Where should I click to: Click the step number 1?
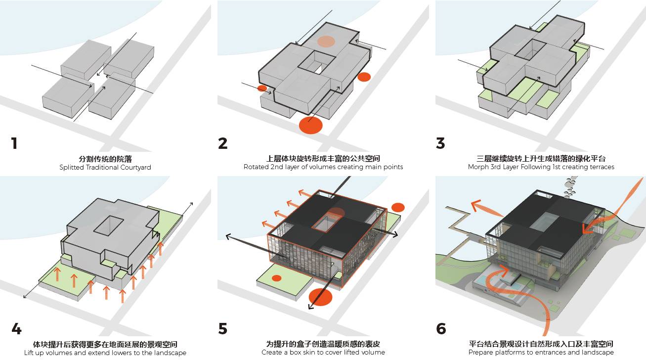pyautogui.click(x=14, y=143)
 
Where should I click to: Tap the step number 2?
pyautogui.click(x=223, y=143)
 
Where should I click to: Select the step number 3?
pyautogui.click(x=440, y=143)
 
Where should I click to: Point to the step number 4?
pyautogui.click(x=16, y=329)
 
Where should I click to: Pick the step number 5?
pyautogui.click(x=223, y=329)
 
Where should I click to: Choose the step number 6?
pyautogui.click(x=441, y=329)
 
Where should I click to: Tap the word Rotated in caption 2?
pyautogui.click(x=256, y=167)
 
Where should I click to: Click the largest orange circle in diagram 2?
pyautogui.click(x=311, y=125)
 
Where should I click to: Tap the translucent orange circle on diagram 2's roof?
pyautogui.click(x=326, y=42)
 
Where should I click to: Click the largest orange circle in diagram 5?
pyautogui.click(x=319, y=297)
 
